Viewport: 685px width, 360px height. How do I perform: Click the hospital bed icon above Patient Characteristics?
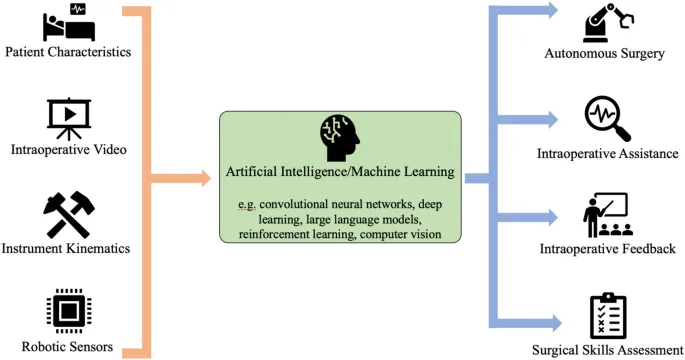(x=69, y=21)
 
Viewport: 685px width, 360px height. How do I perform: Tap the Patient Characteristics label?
(x=68, y=52)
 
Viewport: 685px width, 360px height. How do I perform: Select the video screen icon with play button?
(x=69, y=117)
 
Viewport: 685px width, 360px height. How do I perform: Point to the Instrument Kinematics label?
(x=69, y=247)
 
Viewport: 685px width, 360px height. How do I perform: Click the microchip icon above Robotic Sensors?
(x=69, y=312)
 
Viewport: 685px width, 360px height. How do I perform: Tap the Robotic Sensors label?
(x=69, y=347)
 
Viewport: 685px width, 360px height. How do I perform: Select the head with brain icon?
(x=340, y=138)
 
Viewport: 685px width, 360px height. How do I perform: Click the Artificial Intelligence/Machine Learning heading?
(x=341, y=172)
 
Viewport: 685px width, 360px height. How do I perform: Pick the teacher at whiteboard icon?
(x=604, y=214)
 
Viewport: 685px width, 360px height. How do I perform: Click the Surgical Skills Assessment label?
(x=607, y=350)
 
